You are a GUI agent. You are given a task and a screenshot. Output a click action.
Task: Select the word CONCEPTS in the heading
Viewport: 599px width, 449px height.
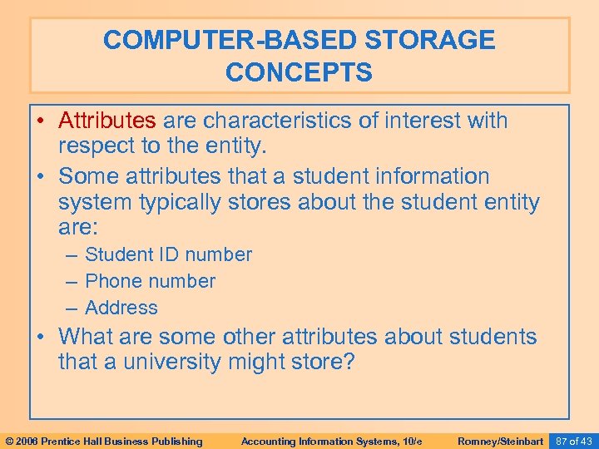pos(299,72)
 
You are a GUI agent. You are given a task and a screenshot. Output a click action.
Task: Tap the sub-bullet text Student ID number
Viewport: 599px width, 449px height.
pos(168,254)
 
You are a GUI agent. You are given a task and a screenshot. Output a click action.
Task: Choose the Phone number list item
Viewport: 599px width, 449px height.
pos(150,281)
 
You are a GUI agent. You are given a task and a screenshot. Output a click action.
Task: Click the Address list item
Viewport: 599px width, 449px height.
pos(121,308)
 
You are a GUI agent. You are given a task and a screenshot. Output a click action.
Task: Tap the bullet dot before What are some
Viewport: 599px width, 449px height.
pos(43,336)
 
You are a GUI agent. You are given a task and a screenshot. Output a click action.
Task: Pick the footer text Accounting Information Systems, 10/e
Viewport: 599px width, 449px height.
pos(331,441)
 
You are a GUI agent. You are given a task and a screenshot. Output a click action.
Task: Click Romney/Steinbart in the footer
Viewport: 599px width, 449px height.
pos(500,441)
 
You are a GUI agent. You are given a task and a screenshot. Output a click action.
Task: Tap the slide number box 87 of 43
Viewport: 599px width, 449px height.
pos(574,440)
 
